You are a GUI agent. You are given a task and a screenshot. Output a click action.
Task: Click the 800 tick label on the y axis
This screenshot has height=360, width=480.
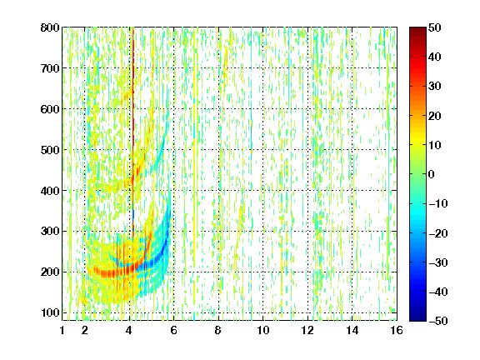coord(50,27)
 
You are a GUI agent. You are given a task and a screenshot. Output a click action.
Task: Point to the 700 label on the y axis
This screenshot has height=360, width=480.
coord(50,68)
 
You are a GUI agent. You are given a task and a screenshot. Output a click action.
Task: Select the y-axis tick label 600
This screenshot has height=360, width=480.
coord(50,109)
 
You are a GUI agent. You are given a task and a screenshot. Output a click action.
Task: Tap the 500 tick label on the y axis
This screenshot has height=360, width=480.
coord(50,150)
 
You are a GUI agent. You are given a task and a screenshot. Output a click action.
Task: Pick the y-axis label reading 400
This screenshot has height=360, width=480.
coord(50,191)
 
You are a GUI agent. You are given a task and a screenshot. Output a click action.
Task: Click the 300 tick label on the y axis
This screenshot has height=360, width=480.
coord(50,232)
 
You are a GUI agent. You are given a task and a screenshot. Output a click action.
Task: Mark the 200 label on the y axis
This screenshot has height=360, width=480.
coord(50,272)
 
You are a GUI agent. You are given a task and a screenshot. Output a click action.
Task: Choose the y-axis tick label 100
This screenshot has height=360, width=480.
coord(50,312)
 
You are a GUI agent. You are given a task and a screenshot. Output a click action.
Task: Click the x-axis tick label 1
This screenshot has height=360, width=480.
coord(62,330)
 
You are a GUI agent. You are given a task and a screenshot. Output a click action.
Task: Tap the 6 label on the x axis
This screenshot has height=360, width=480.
coord(174,330)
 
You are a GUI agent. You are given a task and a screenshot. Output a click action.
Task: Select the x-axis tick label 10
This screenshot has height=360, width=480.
coord(263,330)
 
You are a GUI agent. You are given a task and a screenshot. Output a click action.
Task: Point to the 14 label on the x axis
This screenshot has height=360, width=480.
coord(352,330)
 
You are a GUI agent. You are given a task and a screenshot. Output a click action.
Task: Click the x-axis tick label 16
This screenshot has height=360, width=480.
coord(397,330)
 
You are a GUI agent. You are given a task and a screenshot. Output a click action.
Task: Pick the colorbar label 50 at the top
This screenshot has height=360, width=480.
coord(435,27)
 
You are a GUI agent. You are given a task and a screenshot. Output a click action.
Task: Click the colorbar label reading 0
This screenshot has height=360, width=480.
coord(432,174)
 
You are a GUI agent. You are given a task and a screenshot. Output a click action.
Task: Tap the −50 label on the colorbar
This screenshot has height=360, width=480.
coord(438,321)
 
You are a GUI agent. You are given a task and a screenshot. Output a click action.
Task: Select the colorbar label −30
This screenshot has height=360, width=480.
coord(438,262)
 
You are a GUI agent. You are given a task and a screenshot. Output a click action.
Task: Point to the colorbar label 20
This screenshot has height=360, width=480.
coord(435,116)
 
